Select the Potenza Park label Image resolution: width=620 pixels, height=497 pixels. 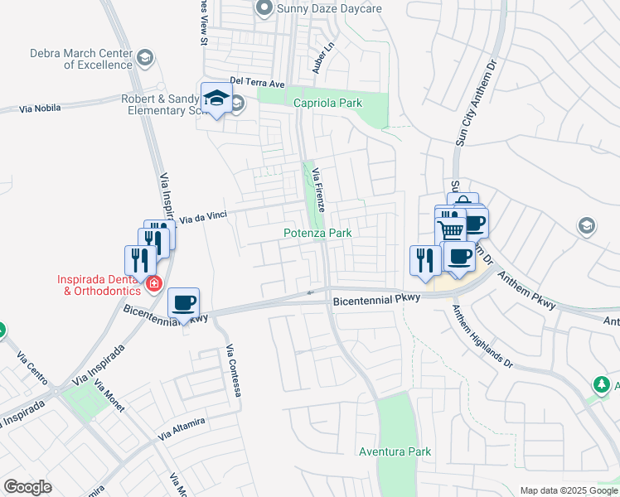pos(318,234)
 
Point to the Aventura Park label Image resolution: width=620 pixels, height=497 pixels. pos(395,451)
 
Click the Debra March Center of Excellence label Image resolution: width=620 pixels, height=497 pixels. pos(80,58)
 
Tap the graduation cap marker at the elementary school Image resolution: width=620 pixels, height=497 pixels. pos(216,99)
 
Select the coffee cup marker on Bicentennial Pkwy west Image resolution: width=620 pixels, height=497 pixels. pos(184,303)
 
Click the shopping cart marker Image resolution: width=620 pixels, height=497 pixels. pos(450,229)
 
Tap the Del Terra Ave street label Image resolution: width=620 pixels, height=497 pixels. pos(258,83)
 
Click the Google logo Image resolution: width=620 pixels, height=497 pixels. pos(28,487)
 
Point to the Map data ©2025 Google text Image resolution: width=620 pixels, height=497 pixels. pos(569,490)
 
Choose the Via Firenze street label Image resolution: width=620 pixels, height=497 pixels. pos(319,186)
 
